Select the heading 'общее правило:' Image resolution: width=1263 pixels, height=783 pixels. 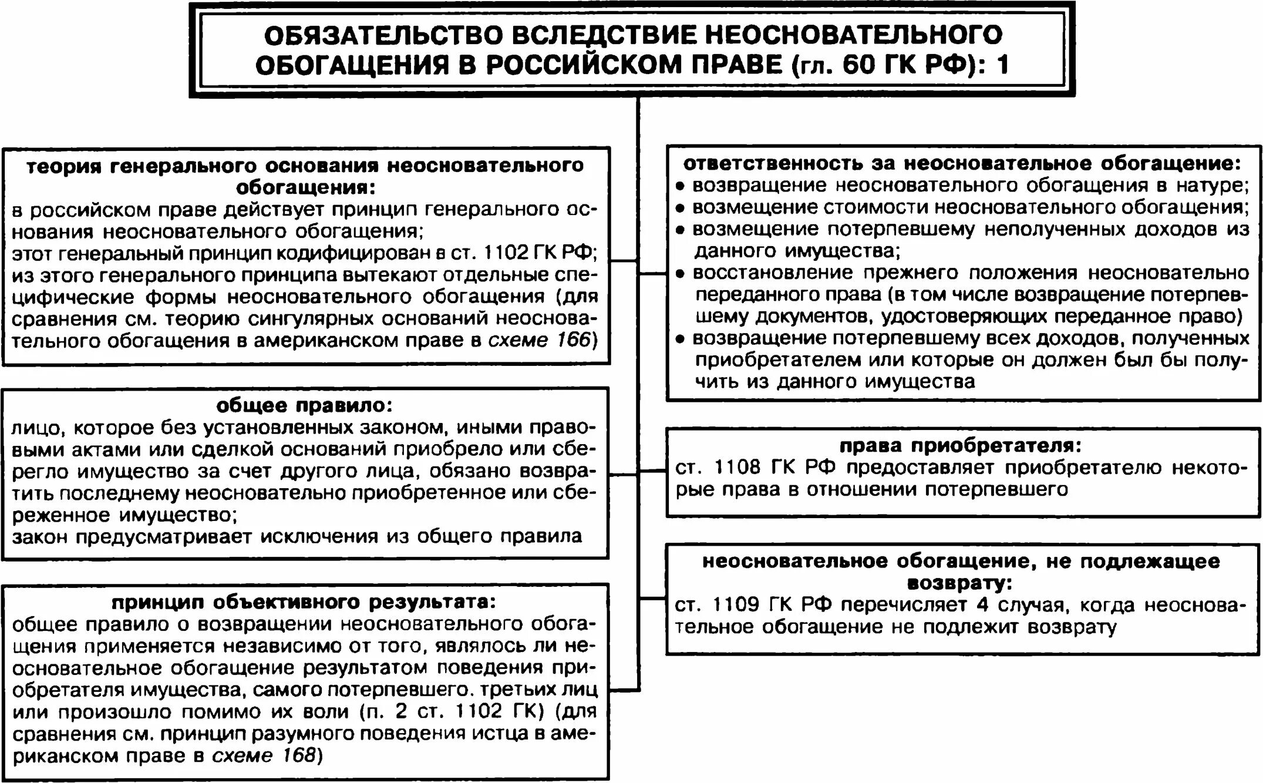304,406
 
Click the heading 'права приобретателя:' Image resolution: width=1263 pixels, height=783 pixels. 960,446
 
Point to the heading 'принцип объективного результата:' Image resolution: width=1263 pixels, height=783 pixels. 304,603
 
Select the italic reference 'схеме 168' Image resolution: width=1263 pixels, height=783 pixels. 264,755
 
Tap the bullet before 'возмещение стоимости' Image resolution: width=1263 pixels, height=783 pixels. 680,209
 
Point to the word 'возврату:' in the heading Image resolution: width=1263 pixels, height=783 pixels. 960,583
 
